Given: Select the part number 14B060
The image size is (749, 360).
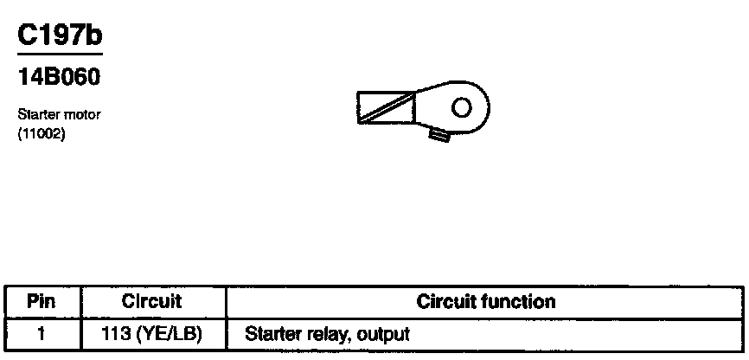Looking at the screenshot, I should (x=60, y=77).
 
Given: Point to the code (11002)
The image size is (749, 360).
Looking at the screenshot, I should (x=41, y=133).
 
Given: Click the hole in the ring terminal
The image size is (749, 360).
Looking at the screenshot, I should (x=462, y=106).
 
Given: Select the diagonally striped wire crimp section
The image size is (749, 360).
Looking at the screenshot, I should (x=386, y=107).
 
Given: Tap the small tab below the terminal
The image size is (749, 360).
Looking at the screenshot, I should (x=440, y=134).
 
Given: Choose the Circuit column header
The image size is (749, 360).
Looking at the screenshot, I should (x=151, y=302).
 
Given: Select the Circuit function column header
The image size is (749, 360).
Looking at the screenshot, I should (x=485, y=302).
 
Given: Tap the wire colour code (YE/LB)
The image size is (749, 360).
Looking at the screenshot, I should (x=170, y=332).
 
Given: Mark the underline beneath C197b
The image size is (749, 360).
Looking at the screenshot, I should (x=60, y=54).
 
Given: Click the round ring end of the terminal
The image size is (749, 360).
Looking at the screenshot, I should (x=474, y=107).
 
